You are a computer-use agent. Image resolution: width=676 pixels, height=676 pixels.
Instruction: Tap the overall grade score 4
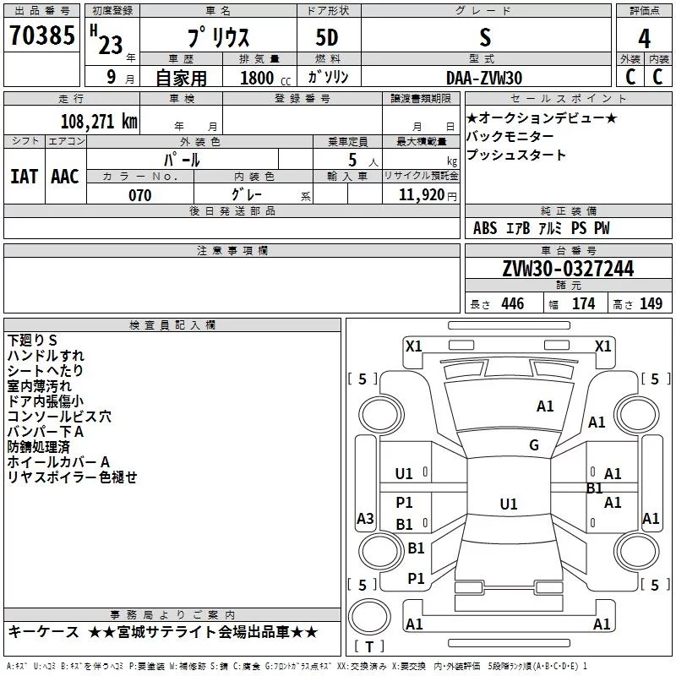(644, 39)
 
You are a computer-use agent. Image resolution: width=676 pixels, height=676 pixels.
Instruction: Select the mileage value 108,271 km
(99, 121)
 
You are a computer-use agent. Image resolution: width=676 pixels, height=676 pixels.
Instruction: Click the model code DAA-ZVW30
(484, 78)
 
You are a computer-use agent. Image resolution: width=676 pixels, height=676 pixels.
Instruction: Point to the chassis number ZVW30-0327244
(568, 269)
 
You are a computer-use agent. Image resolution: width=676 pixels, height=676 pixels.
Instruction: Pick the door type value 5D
(326, 39)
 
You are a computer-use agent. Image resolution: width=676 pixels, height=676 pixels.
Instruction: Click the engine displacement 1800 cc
(259, 78)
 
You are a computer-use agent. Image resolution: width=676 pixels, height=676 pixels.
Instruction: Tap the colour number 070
(139, 195)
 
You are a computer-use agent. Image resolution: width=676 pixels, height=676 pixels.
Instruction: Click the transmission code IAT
(24, 177)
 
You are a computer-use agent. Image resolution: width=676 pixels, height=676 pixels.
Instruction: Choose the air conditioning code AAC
(64, 177)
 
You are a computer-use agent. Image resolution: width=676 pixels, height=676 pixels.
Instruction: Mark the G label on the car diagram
(534, 445)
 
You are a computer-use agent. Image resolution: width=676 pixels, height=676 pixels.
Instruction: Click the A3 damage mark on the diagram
(365, 518)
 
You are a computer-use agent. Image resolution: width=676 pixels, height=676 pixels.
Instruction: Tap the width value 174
(583, 304)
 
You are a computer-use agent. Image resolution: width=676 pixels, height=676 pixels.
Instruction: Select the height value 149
(651, 304)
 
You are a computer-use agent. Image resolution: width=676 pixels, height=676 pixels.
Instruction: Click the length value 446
(512, 304)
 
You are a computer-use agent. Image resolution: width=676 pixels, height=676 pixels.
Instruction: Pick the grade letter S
(484, 39)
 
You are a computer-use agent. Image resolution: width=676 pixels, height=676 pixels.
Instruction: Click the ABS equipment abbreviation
(485, 228)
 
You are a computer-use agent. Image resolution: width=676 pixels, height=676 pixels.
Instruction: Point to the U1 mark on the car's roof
(508, 504)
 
